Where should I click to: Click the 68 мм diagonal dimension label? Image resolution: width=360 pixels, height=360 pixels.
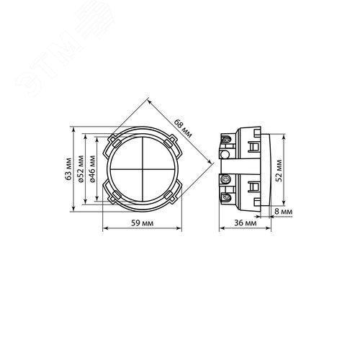point(183,128)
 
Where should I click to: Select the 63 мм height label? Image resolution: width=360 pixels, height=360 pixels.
point(68,169)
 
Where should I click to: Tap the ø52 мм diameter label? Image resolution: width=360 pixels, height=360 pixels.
point(81,169)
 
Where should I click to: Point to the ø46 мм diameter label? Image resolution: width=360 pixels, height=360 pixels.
point(92,169)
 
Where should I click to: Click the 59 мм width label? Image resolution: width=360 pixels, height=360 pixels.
point(142,223)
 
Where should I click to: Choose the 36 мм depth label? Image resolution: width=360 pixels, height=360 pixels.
point(246,223)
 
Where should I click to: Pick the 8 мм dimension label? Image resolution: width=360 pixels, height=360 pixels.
point(283,212)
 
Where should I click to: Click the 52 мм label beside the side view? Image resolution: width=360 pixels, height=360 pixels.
point(279,171)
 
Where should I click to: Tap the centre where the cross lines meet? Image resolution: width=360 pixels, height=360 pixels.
point(143,169)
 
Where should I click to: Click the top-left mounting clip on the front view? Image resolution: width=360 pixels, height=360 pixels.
point(114,143)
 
